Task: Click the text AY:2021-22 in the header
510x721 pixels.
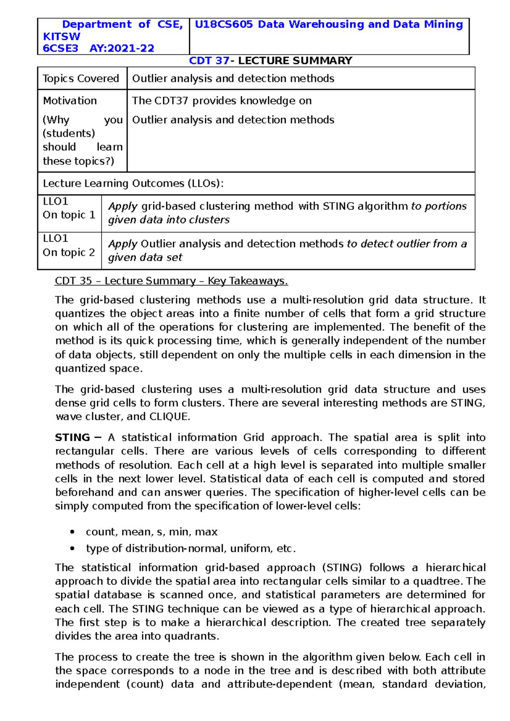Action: tap(122, 48)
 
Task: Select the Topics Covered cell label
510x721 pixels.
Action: tap(81, 79)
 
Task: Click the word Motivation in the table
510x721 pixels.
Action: tap(70, 101)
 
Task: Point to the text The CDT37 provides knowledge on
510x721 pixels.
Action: tap(222, 101)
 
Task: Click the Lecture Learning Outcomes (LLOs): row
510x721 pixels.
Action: tap(133, 183)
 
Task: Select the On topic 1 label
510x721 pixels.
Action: tap(69, 215)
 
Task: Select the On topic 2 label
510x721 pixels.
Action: tap(69, 252)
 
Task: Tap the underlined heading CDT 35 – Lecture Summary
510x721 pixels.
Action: tap(171, 281)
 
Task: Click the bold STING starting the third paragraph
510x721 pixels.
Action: tap(72, 438)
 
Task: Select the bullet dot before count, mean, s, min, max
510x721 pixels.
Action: tap(73, 532)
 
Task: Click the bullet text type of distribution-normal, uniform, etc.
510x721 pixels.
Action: tap(190, 549)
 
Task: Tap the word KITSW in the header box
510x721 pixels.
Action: tap(62, 37)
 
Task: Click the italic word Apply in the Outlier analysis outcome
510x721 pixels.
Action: tap(122, 244)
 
